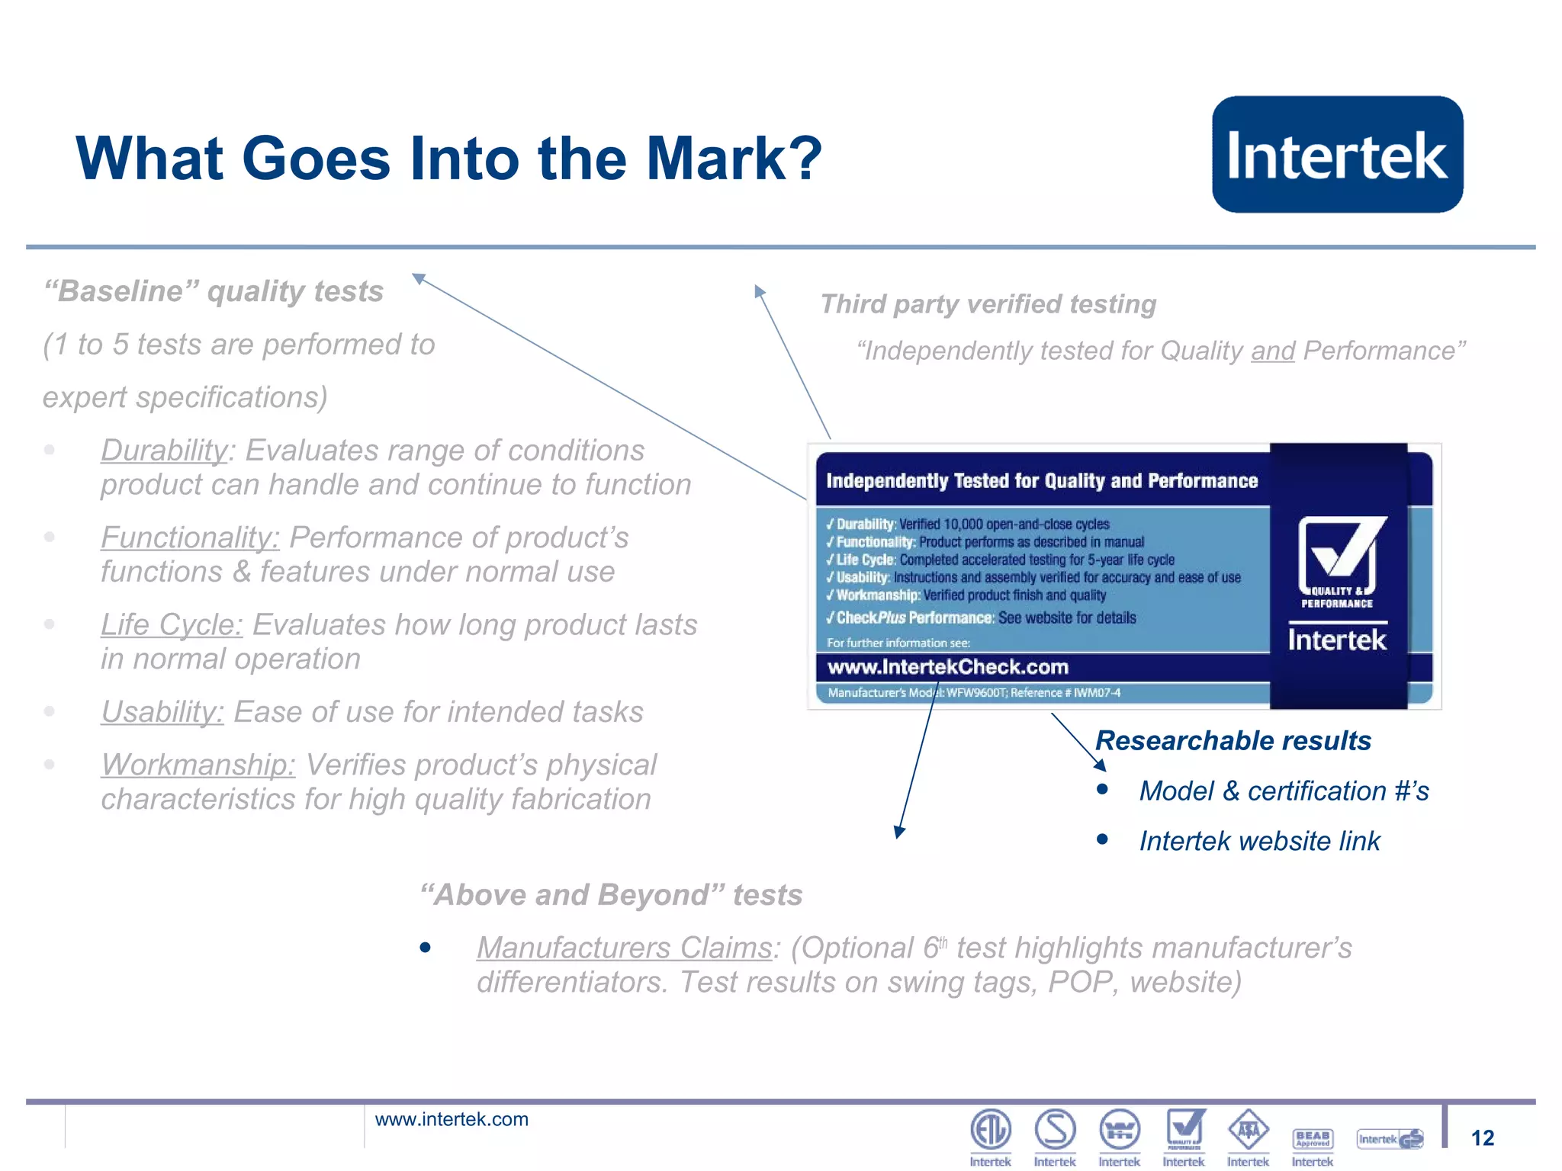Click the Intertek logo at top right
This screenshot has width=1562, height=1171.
pyautogui.click(x=1337, y=155)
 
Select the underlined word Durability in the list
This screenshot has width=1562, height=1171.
pyautogui.click(x=165, y=451)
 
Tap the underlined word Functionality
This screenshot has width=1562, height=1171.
pyautogui.click(x=190, y=537)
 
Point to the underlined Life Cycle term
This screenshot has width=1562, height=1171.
pyautogui.click(x=172, y=625)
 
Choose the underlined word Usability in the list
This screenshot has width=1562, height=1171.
pyautogui.click(x=162, y=712)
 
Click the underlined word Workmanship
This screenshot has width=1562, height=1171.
pyautogui.click(x=198, y=765)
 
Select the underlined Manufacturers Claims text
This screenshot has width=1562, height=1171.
pyautogui.click(x=624, y=948)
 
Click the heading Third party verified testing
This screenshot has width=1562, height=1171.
pyautogui.click(x=988, y=304)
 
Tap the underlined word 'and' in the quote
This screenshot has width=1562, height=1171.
pyautogui.click(x=1272, y=351)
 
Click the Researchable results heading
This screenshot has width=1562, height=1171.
pyautogui.click(x=1233, y=740)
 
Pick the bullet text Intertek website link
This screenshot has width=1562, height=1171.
pyautogui.click(x=1259, y=841)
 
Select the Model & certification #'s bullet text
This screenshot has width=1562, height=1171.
pyautogui.click(x=1284, y=791)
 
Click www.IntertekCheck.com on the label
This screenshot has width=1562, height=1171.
pyautogui.click(x=948, y=667)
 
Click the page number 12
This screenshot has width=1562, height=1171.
pyautogui.click(x=1482, y=1138)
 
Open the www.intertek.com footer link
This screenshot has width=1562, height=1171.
pyautogui.click(x=452, y=1119)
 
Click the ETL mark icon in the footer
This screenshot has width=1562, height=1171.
pyautogui.click(x=990, y=1130)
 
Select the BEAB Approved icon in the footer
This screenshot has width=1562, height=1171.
pyautogui.click(x=1313, y=1138)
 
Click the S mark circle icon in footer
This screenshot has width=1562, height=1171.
pyautogui.click(x=1055, y=1130)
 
